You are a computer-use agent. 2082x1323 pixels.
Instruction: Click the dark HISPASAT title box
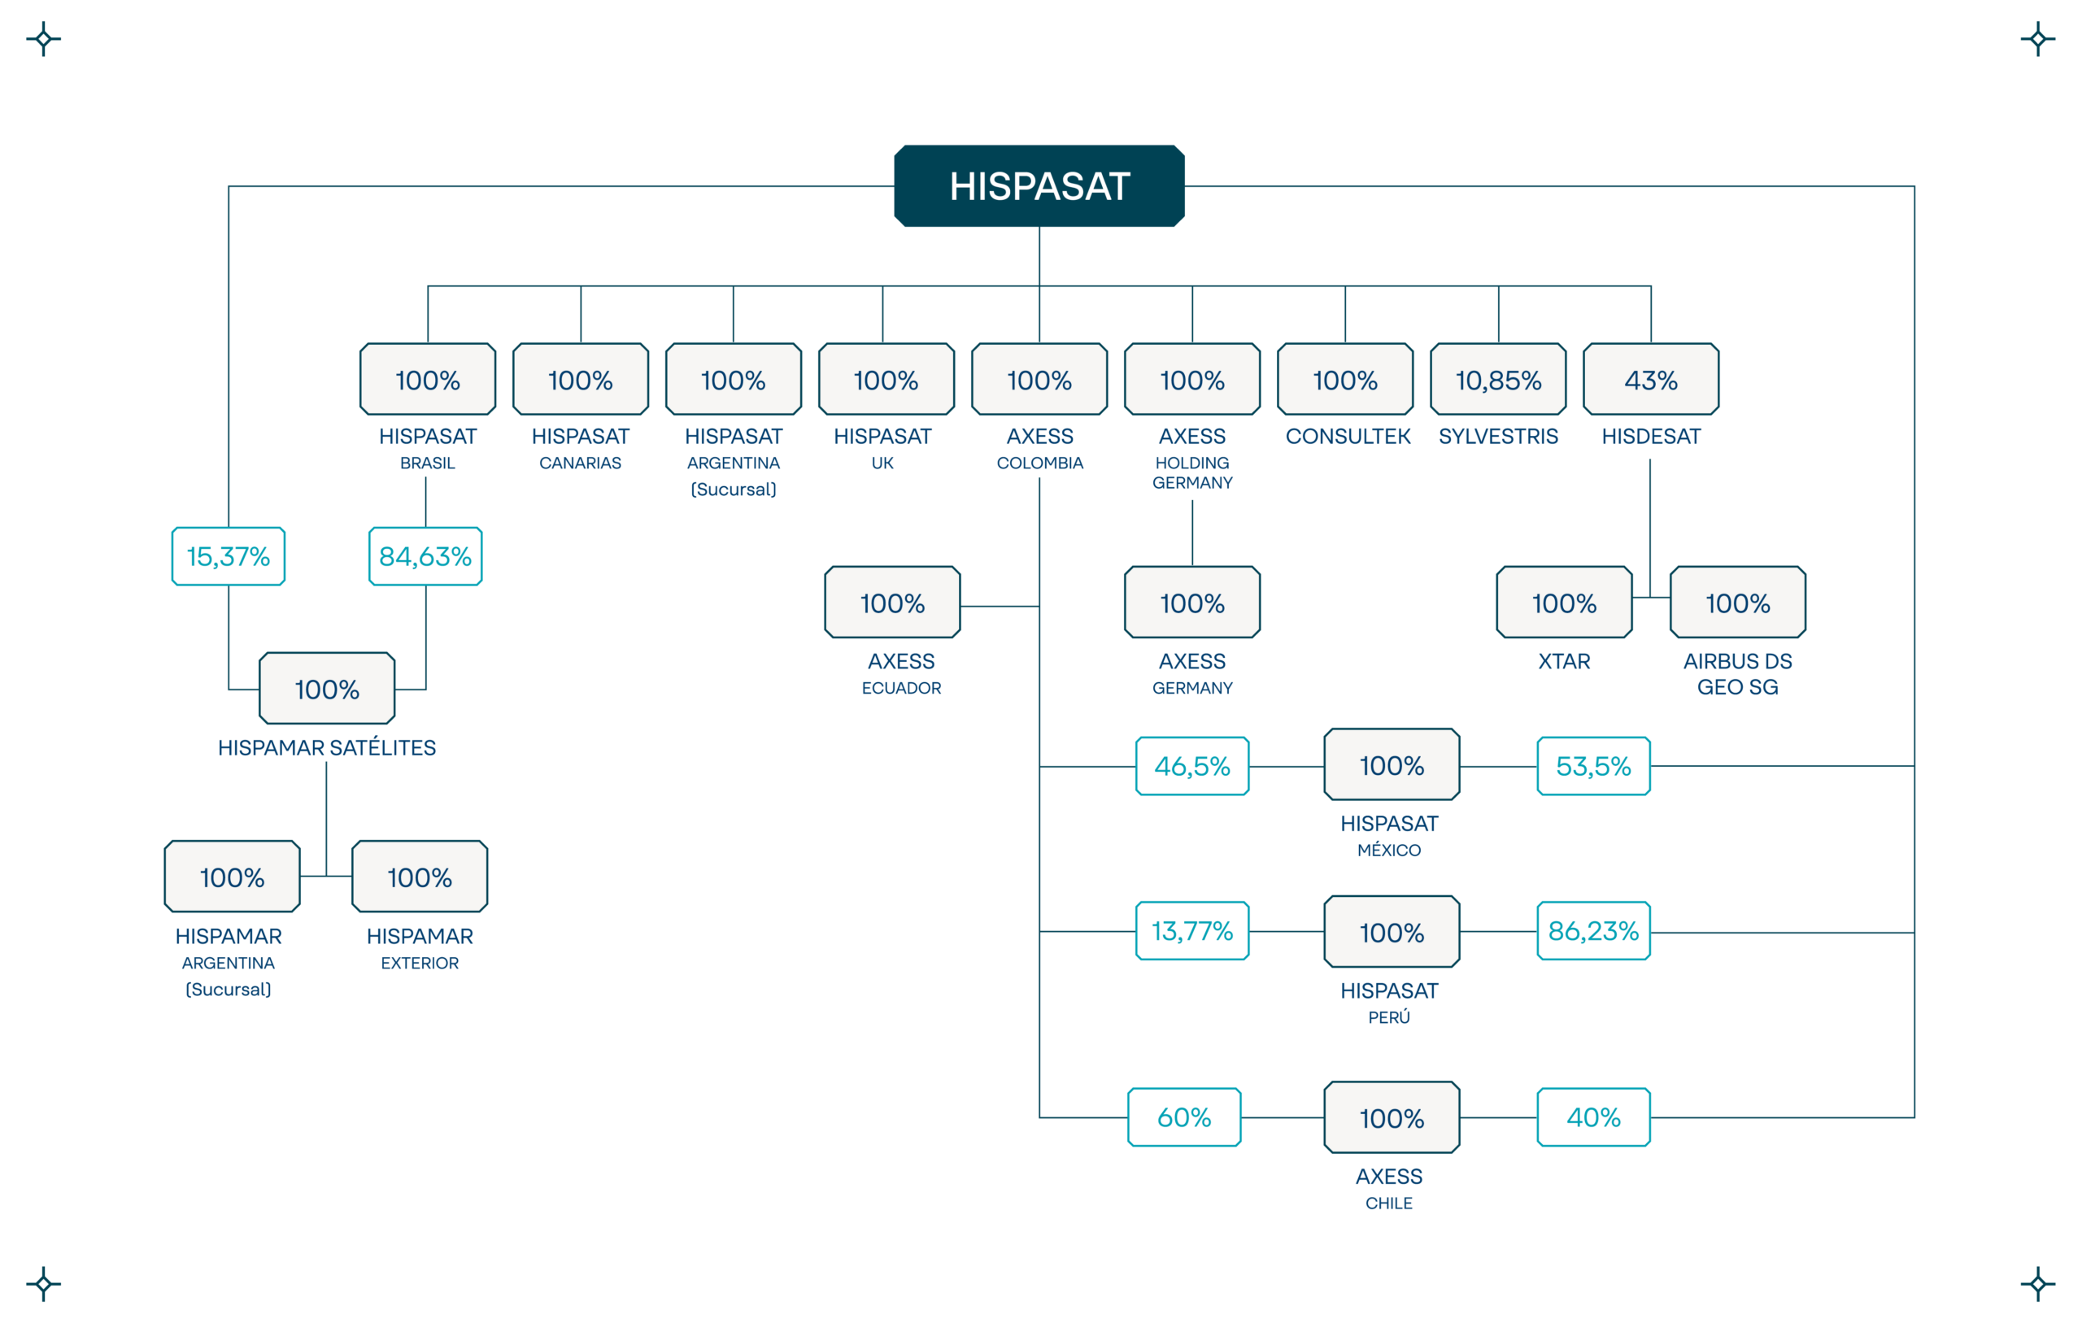(x=1039, y=186)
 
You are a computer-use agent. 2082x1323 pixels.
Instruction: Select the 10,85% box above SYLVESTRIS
(x=1498, y=379)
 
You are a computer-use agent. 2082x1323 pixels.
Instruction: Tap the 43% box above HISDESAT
(x=1651, y=379)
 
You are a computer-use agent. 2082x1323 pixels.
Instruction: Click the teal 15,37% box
(x=229, y=556)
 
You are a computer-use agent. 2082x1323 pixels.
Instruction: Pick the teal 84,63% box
(x=425, y=556)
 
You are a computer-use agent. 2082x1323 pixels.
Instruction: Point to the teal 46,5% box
(x=1192, y=766)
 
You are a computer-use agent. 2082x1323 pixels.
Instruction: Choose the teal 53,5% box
(x=1593, y=766)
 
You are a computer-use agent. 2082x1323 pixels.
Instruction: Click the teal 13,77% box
(x=1192, y=930)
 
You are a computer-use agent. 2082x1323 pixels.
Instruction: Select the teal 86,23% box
(x=1593, y=930)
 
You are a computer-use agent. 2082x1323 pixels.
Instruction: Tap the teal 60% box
(x=1184, y=1117)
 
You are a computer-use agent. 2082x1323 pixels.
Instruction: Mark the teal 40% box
(x=1593, y=1117)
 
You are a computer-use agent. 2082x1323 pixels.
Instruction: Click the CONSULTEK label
(x=1347, y=437)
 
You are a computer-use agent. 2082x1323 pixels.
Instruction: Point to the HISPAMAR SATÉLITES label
(x=327, y=747)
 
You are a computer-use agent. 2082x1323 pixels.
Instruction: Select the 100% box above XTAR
(x=1564, y=602)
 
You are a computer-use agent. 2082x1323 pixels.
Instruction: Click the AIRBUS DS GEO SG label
(x=1738, y=673)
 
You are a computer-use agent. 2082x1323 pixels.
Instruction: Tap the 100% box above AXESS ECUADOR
(x=892, y=602)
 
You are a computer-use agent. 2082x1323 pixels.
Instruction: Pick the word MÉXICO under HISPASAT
(x=1388, y=850)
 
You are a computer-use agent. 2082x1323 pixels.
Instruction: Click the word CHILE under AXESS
(x=1388, y=1203)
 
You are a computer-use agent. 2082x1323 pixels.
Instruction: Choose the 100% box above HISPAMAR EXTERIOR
(x=420, y=877)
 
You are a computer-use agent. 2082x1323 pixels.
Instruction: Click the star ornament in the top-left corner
(x=43, y=39)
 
